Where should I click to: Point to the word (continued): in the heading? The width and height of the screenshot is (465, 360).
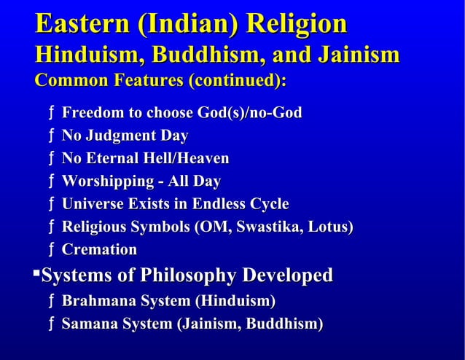click(236, 82)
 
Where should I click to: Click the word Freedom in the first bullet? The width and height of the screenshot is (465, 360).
click(93, 114)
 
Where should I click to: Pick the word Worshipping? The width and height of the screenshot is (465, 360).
click(105, 181)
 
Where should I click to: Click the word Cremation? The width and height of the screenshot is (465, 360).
click(99, 250)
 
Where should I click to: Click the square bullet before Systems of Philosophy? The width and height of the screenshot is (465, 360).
click(36, 273)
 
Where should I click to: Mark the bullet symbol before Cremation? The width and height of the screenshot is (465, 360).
click(50, 250)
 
